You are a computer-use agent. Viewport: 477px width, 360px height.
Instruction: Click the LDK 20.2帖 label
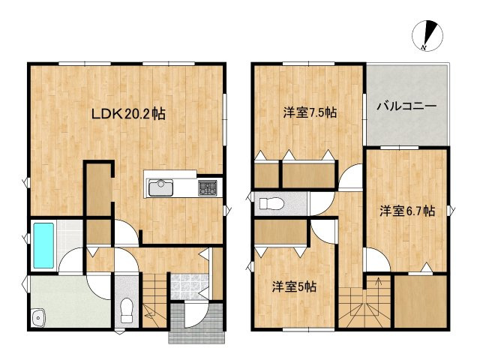tap(128, 114)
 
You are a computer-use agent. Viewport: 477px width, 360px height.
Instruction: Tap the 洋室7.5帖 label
tap(309, 113)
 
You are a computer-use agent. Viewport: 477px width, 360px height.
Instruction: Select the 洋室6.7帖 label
tap(406, 211)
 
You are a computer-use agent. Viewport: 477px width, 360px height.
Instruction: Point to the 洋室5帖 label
tap(293, 286)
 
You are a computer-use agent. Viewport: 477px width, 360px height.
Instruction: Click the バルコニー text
tap(406, 106)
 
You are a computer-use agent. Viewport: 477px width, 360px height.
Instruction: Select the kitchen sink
tap(161, 187)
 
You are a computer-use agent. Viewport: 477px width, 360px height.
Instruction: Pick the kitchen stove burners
tap(208, 187)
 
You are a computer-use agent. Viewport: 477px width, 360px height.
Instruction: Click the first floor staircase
tap(153, 300)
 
